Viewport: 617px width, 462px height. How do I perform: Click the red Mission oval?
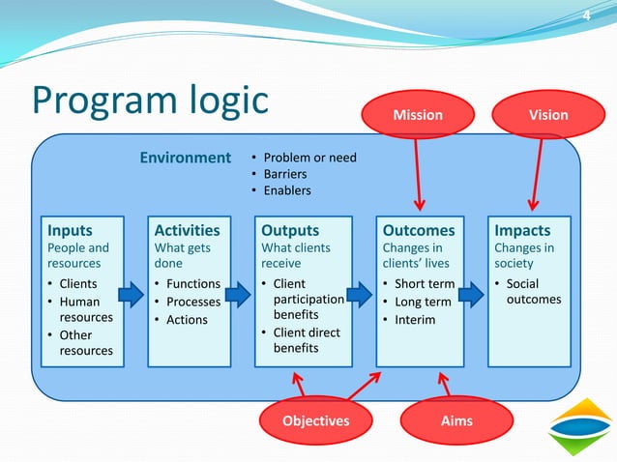click(x=417, y=115)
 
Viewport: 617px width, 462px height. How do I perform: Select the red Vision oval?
click(x=548, y=115)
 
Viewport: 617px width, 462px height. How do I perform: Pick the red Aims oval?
click(x=455, y=421)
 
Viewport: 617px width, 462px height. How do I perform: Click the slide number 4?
click(x=585, y=14)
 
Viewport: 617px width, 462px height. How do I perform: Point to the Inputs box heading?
click(x=71, y=231)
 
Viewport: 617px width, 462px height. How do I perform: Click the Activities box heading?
click(x=187, y=231)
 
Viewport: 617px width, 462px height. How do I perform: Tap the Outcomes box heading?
click(x=419, y=231)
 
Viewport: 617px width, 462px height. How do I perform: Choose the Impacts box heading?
click(x=522, y=231)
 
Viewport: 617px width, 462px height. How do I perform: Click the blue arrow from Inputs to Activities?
click(x=131, y=293)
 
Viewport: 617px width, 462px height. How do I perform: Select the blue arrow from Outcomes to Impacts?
click(x=471, y=293)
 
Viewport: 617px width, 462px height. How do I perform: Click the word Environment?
click(x=185, y=158)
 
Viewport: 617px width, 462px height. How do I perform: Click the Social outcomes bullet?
click(x=533, y=292)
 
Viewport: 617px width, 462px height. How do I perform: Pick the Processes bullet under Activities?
click(x=193, y=302)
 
